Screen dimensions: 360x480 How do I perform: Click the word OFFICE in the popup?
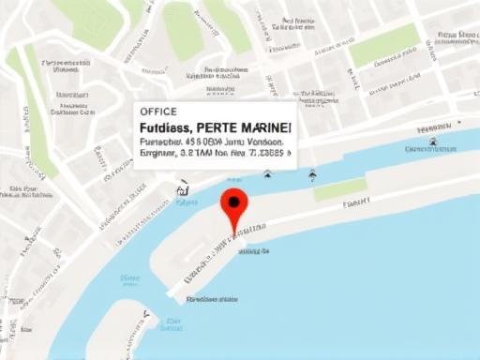[157, 112]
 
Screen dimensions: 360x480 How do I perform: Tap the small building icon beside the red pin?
[182, 188]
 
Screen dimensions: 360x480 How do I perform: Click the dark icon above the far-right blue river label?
[434, 142]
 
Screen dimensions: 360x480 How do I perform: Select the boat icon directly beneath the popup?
[267, 173]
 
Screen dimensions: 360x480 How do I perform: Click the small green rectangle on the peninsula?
[339, 189]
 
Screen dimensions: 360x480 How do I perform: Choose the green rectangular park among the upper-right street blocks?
[384, 44]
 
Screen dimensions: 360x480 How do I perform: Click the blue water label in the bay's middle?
[129, 278]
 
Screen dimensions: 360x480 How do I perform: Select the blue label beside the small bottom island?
[170, 326]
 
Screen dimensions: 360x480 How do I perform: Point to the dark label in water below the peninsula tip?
[210, 300]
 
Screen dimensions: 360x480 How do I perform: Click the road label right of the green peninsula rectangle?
[356, 202]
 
